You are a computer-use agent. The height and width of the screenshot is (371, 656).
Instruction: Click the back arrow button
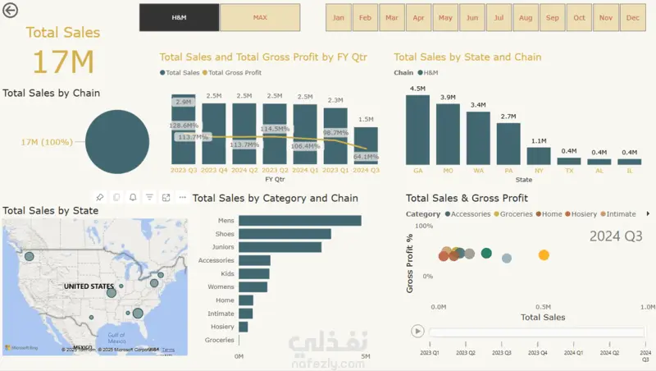11,11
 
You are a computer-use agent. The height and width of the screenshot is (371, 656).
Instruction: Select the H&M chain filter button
179,17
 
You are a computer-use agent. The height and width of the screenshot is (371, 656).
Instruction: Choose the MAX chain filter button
260,17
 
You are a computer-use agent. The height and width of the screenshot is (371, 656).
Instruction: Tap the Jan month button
339,17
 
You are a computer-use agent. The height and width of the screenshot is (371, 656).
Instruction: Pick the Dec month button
632,17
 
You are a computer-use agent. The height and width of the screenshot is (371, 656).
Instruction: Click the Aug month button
526,17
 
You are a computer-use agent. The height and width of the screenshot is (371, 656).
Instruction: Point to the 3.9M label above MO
448,98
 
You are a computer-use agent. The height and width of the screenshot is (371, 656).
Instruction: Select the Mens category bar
300,220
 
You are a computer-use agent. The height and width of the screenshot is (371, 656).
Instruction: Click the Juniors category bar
280,247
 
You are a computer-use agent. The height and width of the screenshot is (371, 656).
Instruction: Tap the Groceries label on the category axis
220,340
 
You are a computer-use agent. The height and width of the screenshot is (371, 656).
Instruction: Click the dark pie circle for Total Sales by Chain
117,141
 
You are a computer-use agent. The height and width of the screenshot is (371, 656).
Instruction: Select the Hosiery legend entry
583,214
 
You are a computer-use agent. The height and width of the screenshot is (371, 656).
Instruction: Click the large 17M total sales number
63,62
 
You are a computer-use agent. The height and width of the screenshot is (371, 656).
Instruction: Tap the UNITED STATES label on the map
89,286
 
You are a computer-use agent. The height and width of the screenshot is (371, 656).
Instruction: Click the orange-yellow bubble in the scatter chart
543,255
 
